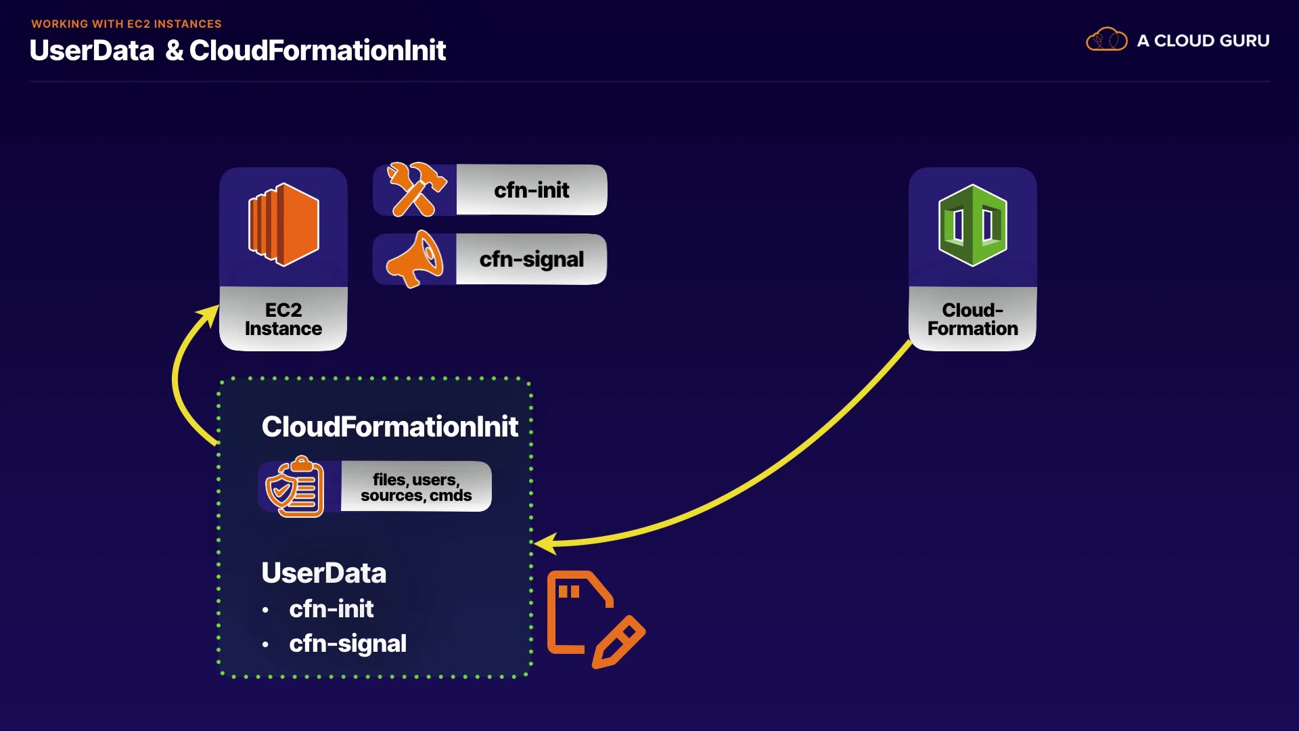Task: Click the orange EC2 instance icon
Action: point(283,225)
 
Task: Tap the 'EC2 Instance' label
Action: point(283,319)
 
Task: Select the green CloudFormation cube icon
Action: point(973,225)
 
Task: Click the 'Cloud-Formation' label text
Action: point(973,319)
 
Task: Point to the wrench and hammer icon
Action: point(416,190)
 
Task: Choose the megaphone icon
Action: point(415,259)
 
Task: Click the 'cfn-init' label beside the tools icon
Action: point(532,190)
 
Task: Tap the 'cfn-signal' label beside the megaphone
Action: point(532,259)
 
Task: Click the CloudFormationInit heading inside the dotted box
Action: point(390,426)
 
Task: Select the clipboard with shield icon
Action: point(295,487)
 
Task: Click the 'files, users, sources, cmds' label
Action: point(416,487)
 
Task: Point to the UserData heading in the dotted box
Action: point(324,573)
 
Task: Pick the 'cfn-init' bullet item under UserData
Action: point(332,609)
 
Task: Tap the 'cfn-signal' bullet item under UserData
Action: point(348,644)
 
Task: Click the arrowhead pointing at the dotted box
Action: point(544,543)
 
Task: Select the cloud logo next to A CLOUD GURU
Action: point(1107,40)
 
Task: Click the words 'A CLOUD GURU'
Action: point(1204,41)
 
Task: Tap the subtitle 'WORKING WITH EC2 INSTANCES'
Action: point(127,24)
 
